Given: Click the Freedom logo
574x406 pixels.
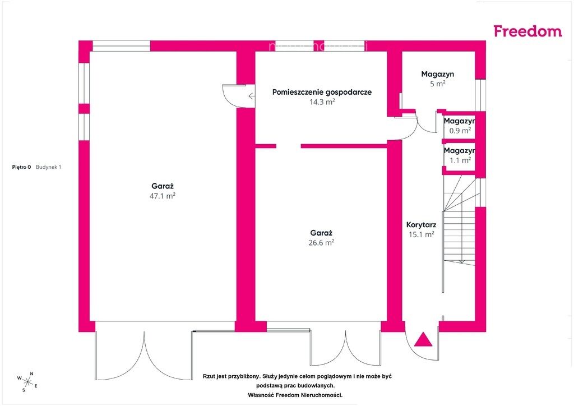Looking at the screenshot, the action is coord(527,31).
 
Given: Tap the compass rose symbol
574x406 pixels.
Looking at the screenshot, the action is coord(27,382).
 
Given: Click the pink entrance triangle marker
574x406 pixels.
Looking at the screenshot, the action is coord(423,339).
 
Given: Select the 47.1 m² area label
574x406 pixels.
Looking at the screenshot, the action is coord(162,196).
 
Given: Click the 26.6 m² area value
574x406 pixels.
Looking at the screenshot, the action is coord(321,242).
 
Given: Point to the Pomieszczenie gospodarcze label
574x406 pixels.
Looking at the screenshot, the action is coord(322,93).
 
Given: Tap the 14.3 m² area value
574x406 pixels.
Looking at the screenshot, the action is coord(322,101).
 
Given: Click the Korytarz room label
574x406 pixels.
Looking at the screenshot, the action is coord(421,225).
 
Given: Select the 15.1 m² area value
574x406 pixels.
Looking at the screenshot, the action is coord(422,234).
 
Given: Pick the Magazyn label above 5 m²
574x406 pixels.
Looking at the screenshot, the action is coord(437,74).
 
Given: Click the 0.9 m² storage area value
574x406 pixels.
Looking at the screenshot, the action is coord(460,130).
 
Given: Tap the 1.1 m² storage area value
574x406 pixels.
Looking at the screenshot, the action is coord(460,160).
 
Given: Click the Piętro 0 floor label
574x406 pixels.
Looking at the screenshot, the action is coord(22,167).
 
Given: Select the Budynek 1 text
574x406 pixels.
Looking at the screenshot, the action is coord(48,167).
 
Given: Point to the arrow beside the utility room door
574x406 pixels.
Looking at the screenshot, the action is coord(252,96).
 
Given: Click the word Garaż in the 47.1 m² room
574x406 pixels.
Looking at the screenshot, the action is coord(162,186).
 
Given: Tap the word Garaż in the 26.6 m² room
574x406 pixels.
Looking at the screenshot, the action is coord(321,233).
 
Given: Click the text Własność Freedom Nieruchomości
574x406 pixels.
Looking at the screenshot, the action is coord(295,395).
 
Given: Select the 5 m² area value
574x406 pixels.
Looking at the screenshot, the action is coord(437,84).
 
